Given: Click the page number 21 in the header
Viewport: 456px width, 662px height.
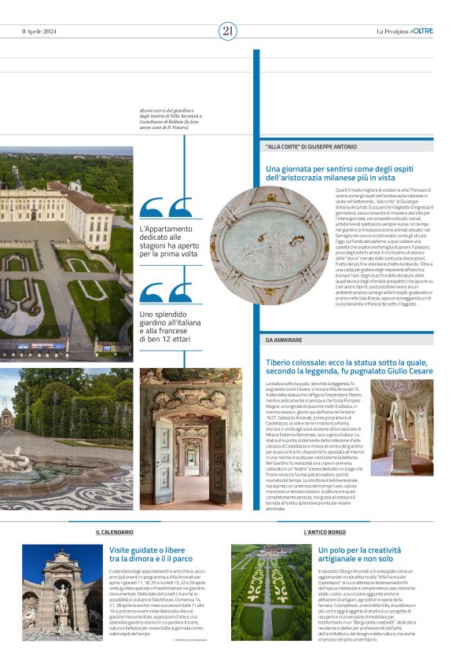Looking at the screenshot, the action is [x=228, y=31].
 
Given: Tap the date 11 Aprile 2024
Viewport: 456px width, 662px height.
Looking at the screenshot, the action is [x=41, y=31].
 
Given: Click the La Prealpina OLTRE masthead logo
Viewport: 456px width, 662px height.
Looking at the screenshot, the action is [x=405, y=31].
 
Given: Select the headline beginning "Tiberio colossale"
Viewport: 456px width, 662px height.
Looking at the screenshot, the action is [x=349, y=366].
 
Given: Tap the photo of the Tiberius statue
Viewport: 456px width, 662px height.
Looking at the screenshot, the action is [x=402, y=428].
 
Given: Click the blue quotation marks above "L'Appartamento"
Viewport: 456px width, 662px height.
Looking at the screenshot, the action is [x=166, y=208].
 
